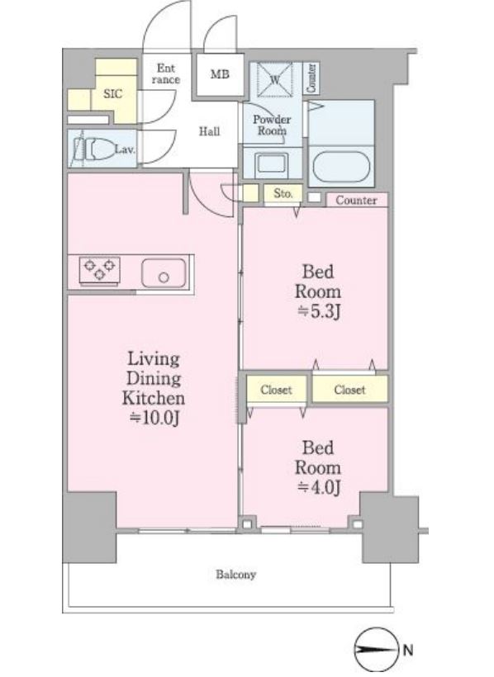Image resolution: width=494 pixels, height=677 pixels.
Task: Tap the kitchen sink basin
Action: [164, 273]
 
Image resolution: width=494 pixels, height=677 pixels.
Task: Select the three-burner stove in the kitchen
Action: [100, 270]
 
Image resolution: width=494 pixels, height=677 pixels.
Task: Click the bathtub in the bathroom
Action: [341, 167]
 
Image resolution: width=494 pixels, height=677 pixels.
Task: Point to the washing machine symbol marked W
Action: [274, 79]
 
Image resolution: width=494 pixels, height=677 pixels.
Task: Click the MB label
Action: [220, 74]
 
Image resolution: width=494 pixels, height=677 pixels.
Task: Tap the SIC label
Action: [113, 93]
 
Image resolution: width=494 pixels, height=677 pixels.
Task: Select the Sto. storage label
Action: [283, 193]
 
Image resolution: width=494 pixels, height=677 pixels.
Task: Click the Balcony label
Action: [235, 575]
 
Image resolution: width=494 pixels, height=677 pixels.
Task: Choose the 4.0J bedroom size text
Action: [319, 487]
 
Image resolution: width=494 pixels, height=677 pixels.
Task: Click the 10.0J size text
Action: [154, 418]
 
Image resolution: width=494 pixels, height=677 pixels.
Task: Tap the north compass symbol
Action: [376, 649]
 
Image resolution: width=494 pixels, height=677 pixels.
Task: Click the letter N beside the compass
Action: [407, 650]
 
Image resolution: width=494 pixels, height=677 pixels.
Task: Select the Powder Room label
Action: [272, 125]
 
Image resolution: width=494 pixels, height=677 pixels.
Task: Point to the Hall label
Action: [209, 130]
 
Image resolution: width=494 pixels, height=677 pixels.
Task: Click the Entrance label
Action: [165, 73]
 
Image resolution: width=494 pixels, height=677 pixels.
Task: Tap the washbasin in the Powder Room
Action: [272, 163]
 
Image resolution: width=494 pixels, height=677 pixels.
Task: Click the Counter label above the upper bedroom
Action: [356, 200]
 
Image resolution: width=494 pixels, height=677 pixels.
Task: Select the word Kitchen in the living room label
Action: [154, 398]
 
